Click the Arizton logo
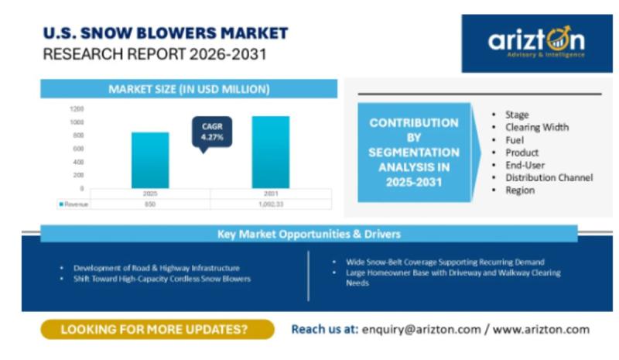(x=537, y=43)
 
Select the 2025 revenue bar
(x=150, y=160)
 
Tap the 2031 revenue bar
(x=271, y=153)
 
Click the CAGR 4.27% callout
(x=212, y=132)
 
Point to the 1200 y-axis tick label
(x=77, y=108)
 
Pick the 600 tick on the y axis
(x=78, y=149)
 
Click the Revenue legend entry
(x=74, y=204)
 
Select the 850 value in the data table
(x=150, y=204)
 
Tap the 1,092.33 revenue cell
(x=271, y=204)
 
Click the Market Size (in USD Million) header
(x=189, y=89)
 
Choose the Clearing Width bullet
(x=537, y=127)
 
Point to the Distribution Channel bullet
(x=549, y=178)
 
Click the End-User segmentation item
(x=525, y=165)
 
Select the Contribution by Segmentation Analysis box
(x=414, y=153)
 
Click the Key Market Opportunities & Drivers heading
(x=309, y=234)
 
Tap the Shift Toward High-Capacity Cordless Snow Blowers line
(x=162, y=279)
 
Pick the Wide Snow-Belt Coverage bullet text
(x=446, y=262)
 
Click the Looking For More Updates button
(x=158, y=329)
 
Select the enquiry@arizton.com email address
(x=422, y=330)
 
